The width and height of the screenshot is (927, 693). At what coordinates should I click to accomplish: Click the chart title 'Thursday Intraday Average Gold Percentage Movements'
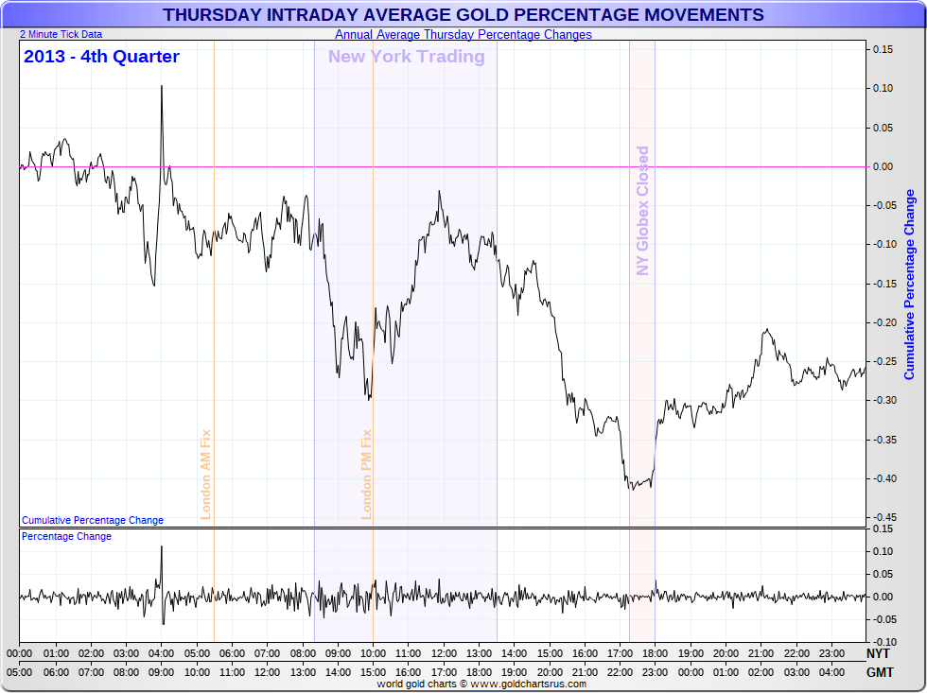click(463, 15)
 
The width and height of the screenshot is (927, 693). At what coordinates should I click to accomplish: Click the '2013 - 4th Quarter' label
click(101, 57)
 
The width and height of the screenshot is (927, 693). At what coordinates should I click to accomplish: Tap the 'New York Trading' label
click(406, 57)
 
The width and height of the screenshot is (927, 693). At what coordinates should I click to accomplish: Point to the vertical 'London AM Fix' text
click(205, 474)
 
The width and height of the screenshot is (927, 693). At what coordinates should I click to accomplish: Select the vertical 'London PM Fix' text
click(367, 474)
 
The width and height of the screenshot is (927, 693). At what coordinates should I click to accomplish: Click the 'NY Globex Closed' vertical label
click(643, 210)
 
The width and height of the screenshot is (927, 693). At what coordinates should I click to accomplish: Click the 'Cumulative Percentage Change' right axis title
click(910, 284)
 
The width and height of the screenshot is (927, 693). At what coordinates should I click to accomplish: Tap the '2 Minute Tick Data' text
click(61, 34)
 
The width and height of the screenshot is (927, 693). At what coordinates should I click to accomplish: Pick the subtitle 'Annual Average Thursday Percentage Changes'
click(463, 35)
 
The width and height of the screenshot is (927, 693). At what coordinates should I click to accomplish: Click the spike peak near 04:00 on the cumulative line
click(161, 87)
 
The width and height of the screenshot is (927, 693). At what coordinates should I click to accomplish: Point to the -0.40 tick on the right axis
click(883, 478)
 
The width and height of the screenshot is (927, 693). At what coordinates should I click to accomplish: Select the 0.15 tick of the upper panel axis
click(883, 49)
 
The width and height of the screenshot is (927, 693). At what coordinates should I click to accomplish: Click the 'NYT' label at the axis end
click(879, 653)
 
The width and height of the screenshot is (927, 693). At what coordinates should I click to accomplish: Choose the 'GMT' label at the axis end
click(879, 672)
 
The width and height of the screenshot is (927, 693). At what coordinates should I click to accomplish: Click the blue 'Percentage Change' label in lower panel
click(66, 536)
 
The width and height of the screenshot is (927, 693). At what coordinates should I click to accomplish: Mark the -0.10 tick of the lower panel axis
click(883, 642)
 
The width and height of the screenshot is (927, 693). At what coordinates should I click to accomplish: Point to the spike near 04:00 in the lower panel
click(161, 547)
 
